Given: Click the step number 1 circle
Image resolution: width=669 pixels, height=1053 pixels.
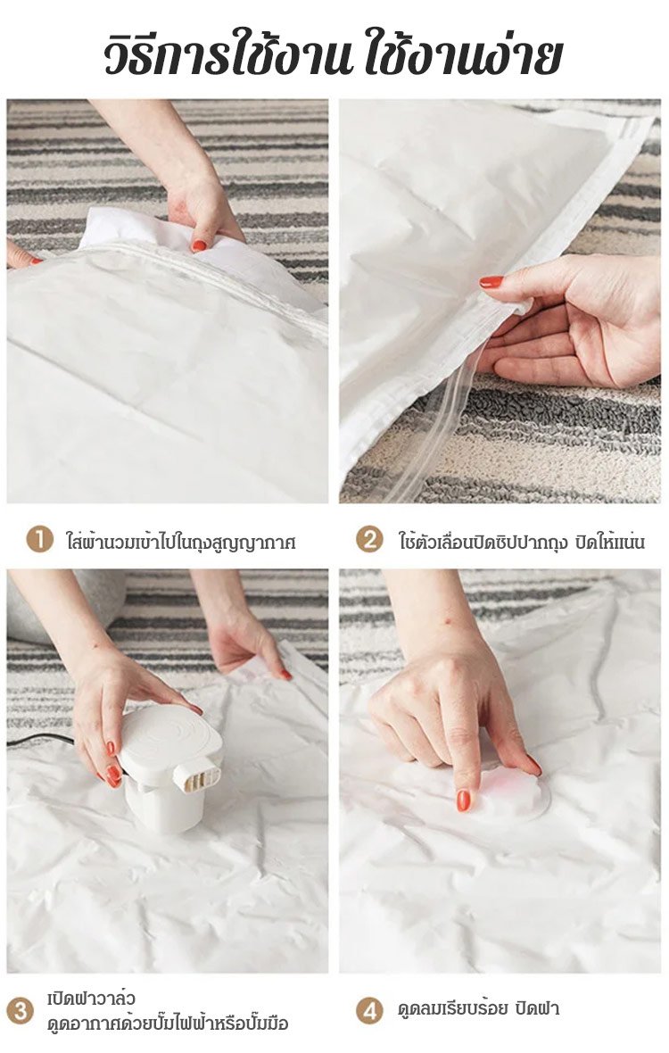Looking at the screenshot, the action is point(39,539).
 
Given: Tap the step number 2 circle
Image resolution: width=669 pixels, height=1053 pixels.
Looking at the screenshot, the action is point(369,539).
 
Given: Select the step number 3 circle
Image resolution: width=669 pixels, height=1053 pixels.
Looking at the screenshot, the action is point(21,1011).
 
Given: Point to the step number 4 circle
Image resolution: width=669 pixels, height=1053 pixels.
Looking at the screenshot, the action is point(369,1009).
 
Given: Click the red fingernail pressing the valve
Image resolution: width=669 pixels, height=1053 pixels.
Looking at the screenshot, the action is point(463,800).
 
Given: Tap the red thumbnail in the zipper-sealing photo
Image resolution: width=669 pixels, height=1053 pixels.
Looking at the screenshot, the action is point(491,282).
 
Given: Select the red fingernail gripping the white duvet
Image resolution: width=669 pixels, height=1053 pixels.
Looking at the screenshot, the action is point(199,245).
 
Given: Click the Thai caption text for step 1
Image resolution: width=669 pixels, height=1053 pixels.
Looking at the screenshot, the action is point(180,541).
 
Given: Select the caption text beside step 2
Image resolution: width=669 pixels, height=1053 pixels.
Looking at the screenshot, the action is point(522,541).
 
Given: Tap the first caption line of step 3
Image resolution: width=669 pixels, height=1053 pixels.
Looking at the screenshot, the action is point(91,999).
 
